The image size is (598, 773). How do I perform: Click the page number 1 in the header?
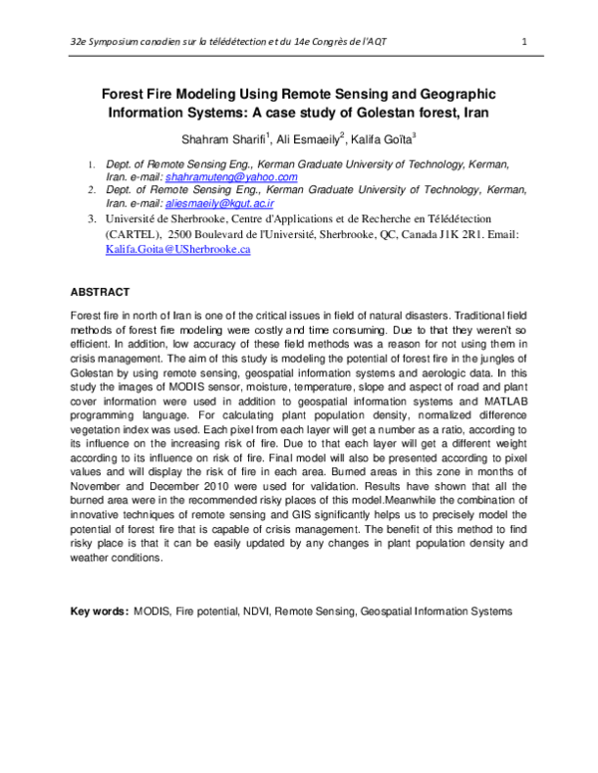click(524, 41)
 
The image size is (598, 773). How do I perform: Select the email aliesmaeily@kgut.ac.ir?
click(235, 201)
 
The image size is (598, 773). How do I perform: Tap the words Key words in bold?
click(98, 610)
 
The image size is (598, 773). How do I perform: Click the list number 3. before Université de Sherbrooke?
click(91, 216)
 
